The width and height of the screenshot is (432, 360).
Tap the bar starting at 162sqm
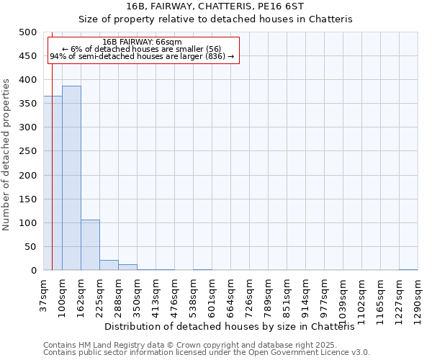tap(90, 245)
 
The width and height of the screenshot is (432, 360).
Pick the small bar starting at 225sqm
tap(109, 265)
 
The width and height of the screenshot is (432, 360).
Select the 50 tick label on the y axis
tap(30, 247)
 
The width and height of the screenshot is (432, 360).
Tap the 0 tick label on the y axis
tap(33, 271)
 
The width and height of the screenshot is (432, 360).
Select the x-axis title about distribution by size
tap(235, 326)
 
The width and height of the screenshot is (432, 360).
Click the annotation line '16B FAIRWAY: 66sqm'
tap(143, 42)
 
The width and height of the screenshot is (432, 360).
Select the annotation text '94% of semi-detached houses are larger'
tap(142, 56)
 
